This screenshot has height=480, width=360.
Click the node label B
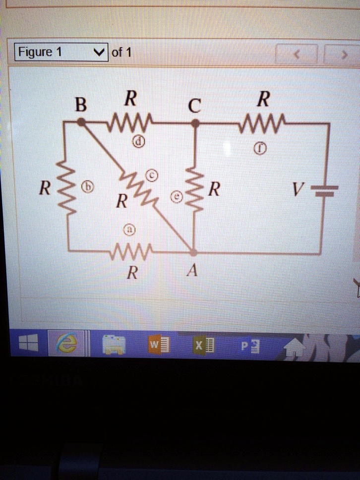click(x=80, y=106)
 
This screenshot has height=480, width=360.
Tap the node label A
click(x=193, y=271)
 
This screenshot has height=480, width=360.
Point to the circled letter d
click(x=140, y=142)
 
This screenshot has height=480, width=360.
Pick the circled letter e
click(x=177, y=198)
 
